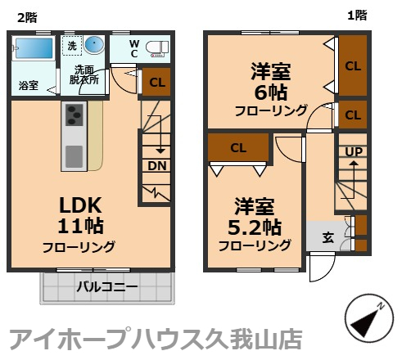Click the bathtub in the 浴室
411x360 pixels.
pos(34,48)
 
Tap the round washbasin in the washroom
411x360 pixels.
pos(94,44)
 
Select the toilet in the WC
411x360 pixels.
pos(157,48)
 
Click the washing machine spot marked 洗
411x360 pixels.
pos(72,46)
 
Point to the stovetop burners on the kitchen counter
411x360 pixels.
pos(74,115)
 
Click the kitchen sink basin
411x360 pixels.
pos(74,156)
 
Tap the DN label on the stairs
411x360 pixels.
pos(156,166)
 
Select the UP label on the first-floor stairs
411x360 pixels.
pos(354,152)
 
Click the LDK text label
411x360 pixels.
pos(80,205)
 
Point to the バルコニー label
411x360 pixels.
pos(107,286)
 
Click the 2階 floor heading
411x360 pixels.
pos(27,18)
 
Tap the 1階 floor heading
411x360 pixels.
pos(357,16)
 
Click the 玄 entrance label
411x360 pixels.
pos(328,237)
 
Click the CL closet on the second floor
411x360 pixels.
pos(156,82)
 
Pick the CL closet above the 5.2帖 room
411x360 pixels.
pos(238,148)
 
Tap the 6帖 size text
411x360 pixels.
pos(271,92)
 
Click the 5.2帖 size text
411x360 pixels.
pos(255,227)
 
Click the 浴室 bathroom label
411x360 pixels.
pos(29,85)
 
